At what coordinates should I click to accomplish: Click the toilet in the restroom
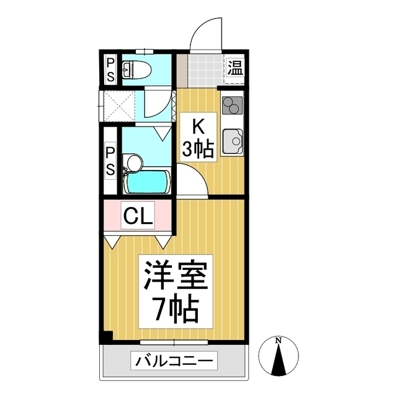tap(136, 69)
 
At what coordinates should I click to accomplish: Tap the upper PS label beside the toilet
tap(110, 69)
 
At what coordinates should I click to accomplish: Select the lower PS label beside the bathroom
tap(110, 161)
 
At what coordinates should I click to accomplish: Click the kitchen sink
tap(233, 141)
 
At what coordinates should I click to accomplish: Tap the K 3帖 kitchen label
tap(198, 138)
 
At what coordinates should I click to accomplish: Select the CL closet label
tap(138, 215)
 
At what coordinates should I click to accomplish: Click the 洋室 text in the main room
tap(176, 274)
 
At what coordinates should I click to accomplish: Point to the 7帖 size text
tap(176, 310)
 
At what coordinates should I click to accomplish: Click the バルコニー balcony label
tap(174, 360)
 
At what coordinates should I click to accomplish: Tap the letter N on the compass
tap(279, 341)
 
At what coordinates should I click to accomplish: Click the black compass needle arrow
tap(279, 360)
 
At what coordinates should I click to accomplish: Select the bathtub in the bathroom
tap(147, 182)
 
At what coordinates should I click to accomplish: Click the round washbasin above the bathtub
tap(134, 163)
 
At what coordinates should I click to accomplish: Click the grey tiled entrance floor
tap(206, 70)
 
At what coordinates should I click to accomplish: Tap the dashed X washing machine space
tap(119, 105)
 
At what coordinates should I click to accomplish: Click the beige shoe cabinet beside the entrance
tap(182, 70)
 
